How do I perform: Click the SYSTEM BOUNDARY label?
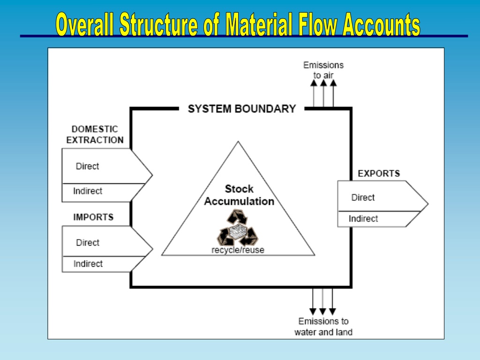242,109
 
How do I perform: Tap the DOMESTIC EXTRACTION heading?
95,135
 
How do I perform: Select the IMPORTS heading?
93,217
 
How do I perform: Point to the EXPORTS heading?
379,173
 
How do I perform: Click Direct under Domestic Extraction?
87,166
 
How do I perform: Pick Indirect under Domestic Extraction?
88,191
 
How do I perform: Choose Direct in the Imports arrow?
88,242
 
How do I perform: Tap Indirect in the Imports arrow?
88,263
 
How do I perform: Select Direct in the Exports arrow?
363,197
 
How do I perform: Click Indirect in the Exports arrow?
363,218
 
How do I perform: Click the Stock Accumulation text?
239,195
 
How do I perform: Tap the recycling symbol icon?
238,227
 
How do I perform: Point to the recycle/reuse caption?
238,250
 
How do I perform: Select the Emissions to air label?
323,70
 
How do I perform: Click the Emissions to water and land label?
323,327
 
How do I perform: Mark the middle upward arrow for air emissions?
323,93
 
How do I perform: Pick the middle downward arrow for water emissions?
322,302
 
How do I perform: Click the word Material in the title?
259,24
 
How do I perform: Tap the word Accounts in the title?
382,24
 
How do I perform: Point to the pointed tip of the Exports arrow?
428,203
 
